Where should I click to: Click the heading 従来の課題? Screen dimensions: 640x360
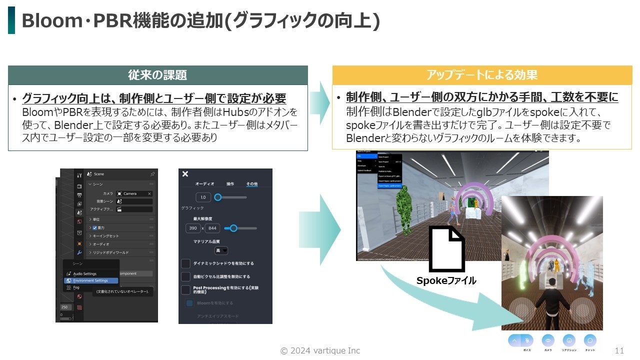(157, 75)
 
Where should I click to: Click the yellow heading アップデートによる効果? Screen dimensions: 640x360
(482, 75)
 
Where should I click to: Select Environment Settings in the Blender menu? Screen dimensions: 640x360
(90, 280)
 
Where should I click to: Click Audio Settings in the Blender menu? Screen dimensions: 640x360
(84, 273)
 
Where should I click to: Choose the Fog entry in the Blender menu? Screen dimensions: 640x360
(76, 287)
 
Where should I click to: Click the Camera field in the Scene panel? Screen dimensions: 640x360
(134, 193)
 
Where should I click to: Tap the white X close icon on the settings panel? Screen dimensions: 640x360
(185, 174)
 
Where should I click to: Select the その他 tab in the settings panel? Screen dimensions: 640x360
(251, 184)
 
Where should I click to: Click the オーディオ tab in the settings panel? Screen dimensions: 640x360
(204, 184)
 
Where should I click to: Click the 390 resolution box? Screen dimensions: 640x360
(192, 228)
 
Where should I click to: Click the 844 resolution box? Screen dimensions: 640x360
(212, 228)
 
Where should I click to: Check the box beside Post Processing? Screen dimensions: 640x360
(185, 290)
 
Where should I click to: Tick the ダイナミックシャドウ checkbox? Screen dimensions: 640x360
(185, 263)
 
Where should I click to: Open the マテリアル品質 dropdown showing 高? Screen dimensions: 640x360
(221, 250)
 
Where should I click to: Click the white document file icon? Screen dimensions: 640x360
(446, 249)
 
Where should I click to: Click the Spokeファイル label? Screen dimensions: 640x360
(446, 281)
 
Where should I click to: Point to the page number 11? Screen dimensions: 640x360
(619, 350)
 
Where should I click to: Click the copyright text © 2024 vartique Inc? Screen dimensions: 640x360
(320, 350)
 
